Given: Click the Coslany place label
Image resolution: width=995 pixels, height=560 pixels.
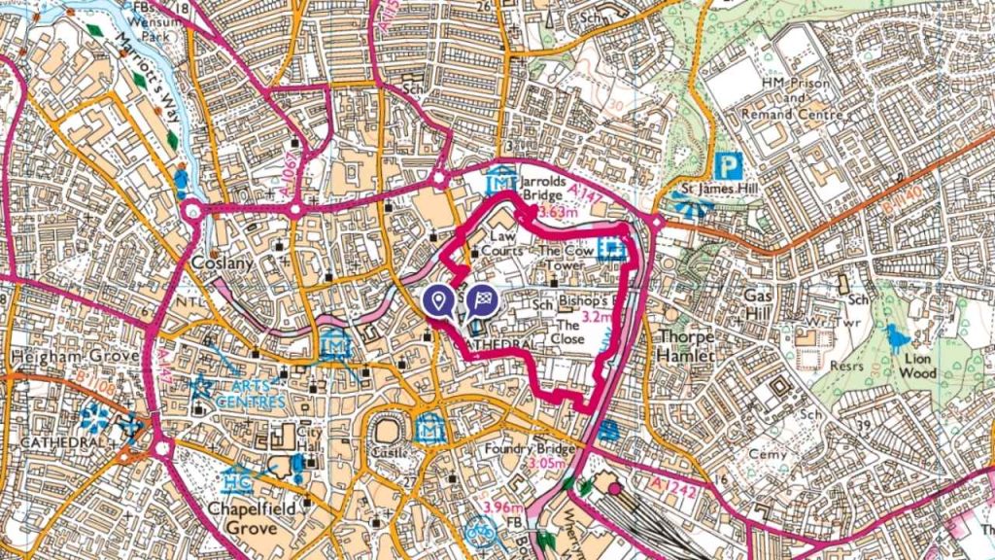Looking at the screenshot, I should click(x=223, y=263).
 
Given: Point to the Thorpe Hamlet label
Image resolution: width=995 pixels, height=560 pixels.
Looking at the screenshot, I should click(x=686, y=346).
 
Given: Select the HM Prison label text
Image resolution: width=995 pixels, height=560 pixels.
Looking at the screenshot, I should click(x=796, y=84).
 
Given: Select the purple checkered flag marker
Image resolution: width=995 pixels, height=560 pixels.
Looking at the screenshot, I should click(x=481, y=300).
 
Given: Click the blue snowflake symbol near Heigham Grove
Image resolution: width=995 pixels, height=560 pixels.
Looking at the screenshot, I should click(x=94, y=419).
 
